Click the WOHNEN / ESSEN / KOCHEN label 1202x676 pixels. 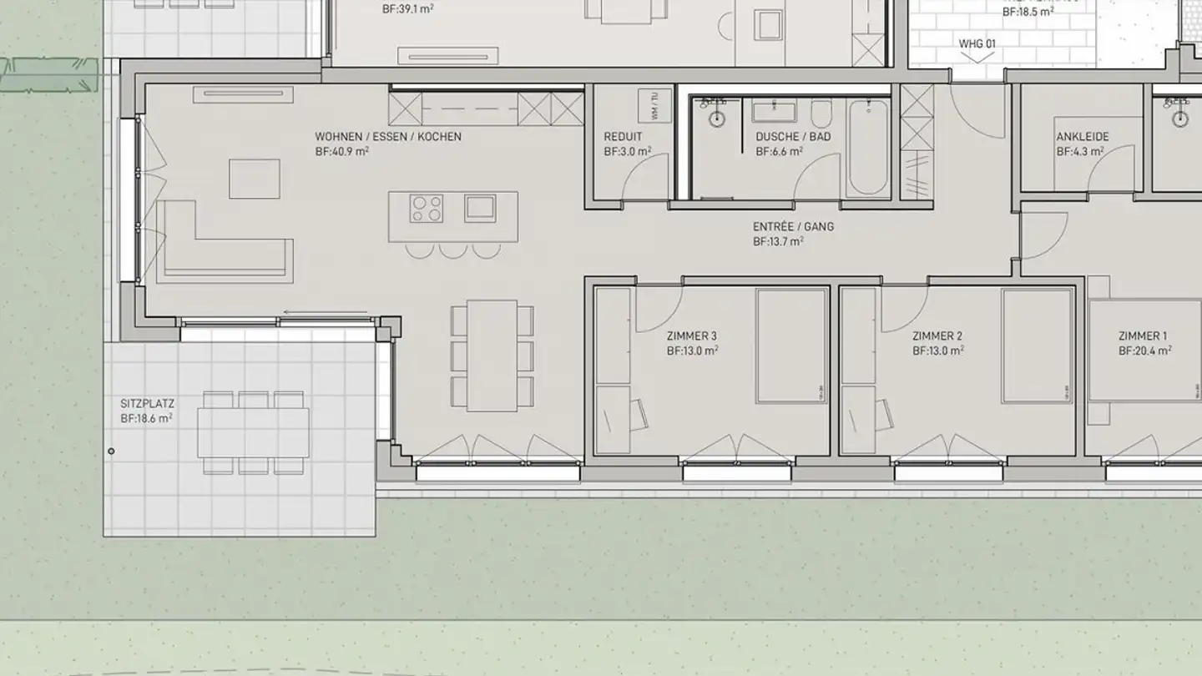tap(387, 137)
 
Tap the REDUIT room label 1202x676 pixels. tap(623, 137)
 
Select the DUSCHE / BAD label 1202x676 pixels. tap(793, 137)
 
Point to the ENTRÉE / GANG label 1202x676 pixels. tap(793, 226)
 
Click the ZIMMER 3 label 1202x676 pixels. tap(692, 336)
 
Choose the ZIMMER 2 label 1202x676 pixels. tap(937, 336)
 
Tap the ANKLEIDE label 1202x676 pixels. tap(1083, 137)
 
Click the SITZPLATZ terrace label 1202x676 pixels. tap(148, 403)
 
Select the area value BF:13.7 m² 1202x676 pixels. tap(778, 242)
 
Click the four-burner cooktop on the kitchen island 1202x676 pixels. tap(427, 208)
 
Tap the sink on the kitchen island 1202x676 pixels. tap(479, 206)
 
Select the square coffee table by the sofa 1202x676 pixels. tap(254, 179)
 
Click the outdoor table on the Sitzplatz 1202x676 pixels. tap(253, 432)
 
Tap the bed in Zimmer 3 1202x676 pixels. tap(790, 346)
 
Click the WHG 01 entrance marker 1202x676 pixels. tap(977, 43)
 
